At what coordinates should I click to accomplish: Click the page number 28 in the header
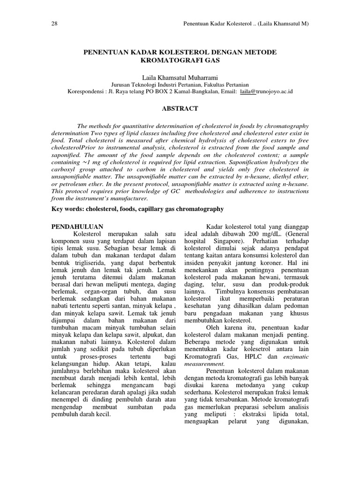pyautogui.click(x=53, y=23)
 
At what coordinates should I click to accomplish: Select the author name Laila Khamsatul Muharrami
pyautogui.click(x=180, y=76)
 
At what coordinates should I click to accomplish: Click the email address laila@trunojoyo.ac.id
pyautogui.click(x=266, y=91)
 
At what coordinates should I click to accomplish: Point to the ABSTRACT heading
pyautogui.click(x=180, y=108)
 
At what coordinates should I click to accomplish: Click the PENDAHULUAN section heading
pyautogui.click(x=76, y=226)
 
